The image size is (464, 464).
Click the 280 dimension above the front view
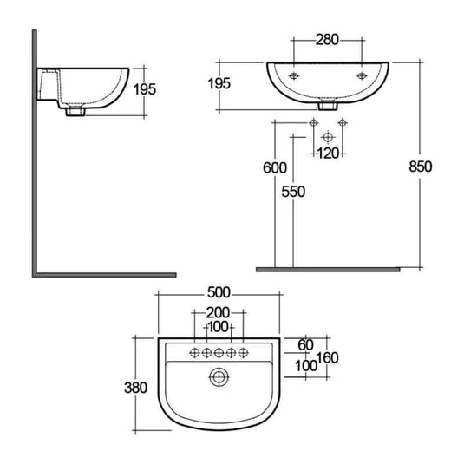(327, 40)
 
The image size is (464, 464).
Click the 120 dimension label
(328, 154)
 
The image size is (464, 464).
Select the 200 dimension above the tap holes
(219, 313)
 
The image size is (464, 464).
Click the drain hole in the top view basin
(219, 377)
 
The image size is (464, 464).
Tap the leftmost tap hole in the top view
(195, 352)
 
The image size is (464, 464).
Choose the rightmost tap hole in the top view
(244, 352)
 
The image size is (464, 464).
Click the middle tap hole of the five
(219, 352)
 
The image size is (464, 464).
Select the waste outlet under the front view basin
(327, 108)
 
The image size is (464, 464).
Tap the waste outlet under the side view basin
(74, 111)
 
